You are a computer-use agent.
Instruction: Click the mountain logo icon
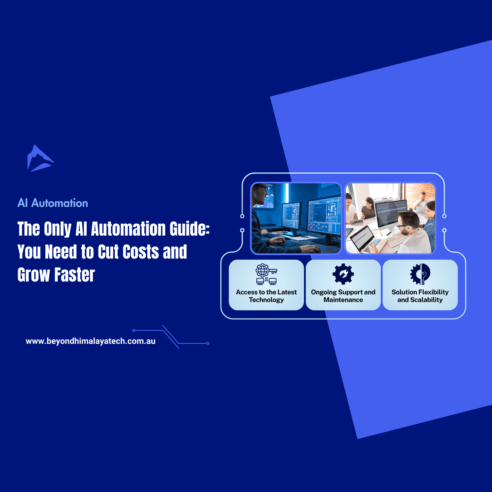(x=40, y=159)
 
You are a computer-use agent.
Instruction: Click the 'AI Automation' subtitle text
(x=53, y=203)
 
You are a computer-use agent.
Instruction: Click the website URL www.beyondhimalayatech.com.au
(x=90, y=341)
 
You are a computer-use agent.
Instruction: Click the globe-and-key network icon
(x=266, y=274)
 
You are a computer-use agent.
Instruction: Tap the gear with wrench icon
(x=343, y=274)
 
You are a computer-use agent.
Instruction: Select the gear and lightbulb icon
(x=420, y=274)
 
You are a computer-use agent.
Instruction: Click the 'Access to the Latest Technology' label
(x=266, y=296)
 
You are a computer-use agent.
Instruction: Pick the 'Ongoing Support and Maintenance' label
(x=343, y=296)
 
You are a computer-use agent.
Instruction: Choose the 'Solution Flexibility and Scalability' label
(x=420, y=296)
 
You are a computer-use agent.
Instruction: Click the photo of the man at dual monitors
(x=296, y=218)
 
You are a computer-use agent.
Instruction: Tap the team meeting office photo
(x=390, y=218)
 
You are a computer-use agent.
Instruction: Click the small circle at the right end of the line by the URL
(x=208, y=343)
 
